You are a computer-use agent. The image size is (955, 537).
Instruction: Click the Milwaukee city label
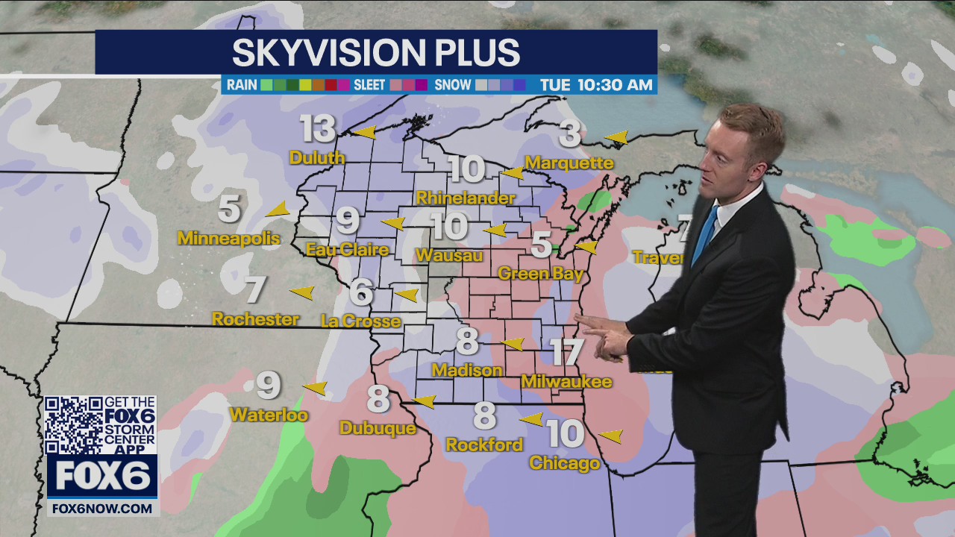tap(566, 382)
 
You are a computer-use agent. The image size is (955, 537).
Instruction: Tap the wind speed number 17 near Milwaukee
tap(567, 353)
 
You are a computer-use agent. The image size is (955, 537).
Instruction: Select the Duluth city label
tap(317, 157)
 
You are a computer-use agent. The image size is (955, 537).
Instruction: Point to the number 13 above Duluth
tap(318, 130)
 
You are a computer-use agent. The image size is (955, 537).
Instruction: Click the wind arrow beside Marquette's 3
tap(617, 137)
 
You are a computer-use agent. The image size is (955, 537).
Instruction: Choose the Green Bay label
tap(540, 274)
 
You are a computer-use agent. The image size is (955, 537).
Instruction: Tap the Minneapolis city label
tap(229, 239)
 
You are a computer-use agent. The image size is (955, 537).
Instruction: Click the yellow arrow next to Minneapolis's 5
tap(278, 210)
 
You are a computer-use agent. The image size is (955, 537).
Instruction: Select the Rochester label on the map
tap(255, 319)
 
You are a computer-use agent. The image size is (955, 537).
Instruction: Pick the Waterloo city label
tap(269, 415)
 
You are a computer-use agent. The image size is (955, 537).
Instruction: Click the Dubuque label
tap(378, 428)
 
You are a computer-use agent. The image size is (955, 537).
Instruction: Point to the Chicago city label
tap(564, 463)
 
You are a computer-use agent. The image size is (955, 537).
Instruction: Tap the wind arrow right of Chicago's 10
tap(611, 436)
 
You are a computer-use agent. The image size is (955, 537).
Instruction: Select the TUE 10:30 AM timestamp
tap(596, 84)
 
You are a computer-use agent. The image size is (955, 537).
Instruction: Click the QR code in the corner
tap(73, 425)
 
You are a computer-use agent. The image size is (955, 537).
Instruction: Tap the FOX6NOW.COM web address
tap(101, 508)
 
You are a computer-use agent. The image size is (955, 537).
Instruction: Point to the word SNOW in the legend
tap(453, 84)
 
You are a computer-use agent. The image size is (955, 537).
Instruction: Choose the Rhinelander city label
tap(466, 198)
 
